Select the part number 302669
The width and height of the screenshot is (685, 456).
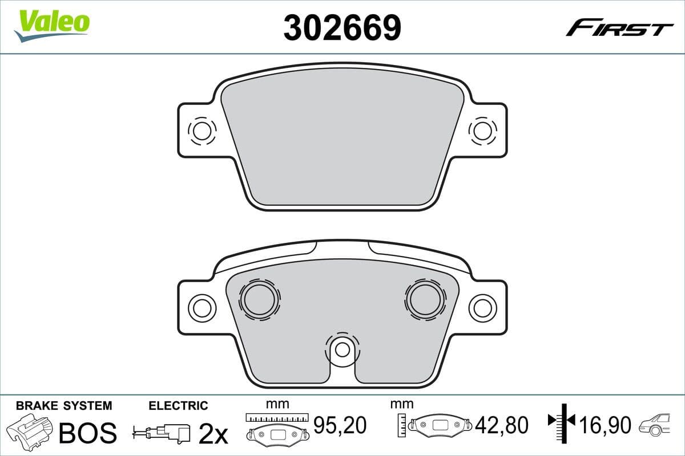342,27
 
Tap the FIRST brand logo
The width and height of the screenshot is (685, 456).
619,27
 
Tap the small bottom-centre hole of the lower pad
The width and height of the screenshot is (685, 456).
342,349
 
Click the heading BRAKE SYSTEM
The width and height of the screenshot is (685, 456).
64,406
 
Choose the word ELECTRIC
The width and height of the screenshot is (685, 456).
178,406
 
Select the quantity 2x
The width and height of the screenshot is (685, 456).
212,434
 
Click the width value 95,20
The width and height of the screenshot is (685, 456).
340,424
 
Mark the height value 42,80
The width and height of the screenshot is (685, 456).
503,425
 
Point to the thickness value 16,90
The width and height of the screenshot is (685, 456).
606,425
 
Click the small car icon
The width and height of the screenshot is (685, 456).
657,425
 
